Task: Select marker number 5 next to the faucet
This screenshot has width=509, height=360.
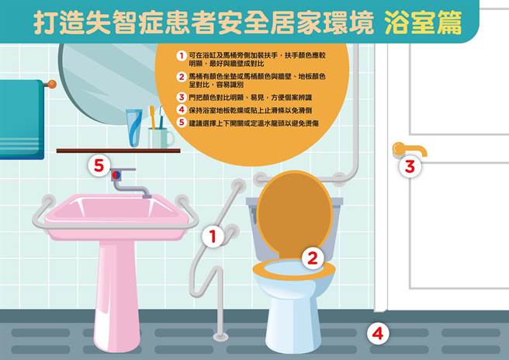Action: tap(99, 164)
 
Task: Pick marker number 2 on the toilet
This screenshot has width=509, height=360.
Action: tap(312, 258)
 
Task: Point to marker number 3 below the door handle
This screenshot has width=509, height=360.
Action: tap(410, 165)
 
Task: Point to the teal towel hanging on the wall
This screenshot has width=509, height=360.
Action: tap(20, 116)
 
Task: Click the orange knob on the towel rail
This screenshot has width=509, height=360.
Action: tap(51, 84)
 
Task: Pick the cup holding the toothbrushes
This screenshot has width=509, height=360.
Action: tap(161, 137)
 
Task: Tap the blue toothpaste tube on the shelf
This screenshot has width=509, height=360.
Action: tap(135, 127)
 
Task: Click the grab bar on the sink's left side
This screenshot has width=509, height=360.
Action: tap(42, 213)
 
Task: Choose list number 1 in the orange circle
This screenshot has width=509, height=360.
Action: tap(181, 57)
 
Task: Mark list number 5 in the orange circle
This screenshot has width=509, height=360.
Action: tap(181, 123)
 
